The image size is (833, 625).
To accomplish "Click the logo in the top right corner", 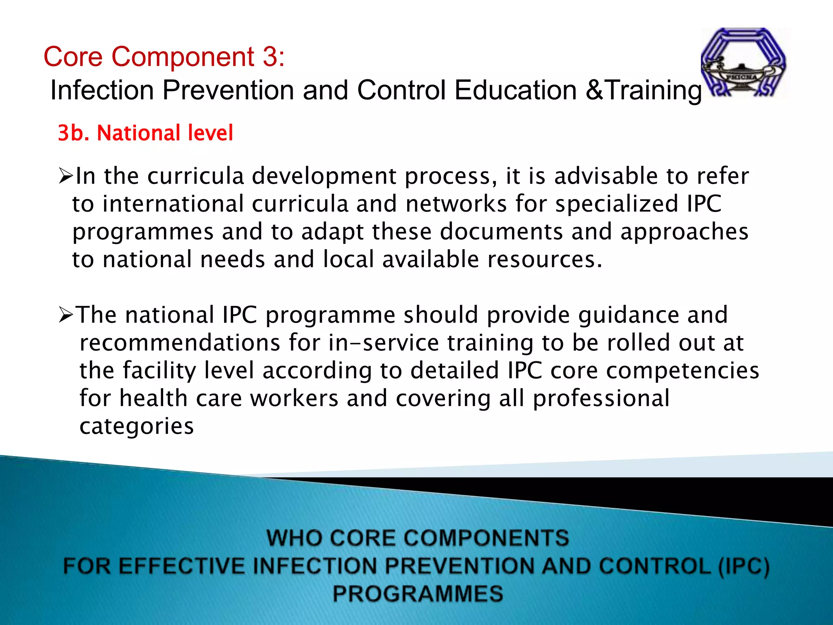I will pos(744,63).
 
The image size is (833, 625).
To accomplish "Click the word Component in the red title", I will pos(183,57).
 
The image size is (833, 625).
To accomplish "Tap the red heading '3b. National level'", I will pos(146,133).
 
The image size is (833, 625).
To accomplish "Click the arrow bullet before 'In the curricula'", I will pos(65,176).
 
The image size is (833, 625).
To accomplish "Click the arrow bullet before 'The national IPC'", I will pos(66,315).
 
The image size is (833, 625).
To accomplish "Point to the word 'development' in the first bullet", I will pos(324,176).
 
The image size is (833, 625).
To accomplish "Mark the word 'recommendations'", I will pos(180,343).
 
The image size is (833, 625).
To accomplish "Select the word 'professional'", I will pos(601,398).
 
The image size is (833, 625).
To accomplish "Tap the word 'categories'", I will pos(137,426).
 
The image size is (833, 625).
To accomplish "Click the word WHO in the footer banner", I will pos(294,538).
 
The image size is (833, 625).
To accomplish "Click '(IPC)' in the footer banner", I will pos(744,566).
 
